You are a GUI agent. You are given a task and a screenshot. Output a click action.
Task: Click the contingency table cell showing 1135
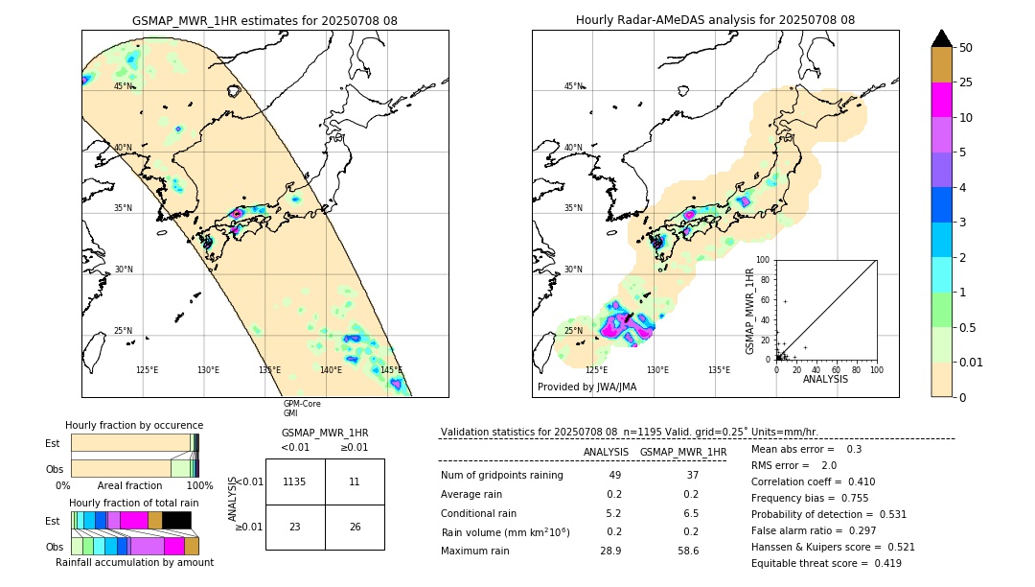[295, 482]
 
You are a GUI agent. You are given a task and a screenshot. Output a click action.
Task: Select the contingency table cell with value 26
[355, 527]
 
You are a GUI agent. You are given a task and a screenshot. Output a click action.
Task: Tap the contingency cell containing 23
[295, 527]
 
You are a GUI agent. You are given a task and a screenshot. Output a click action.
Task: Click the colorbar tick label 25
[967, 82]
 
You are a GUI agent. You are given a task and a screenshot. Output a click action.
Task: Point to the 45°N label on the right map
[573, 86]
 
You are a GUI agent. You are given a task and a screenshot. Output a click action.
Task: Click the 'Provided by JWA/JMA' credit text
[586, 387]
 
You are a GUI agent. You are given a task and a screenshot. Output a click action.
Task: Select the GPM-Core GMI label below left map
[301, 409]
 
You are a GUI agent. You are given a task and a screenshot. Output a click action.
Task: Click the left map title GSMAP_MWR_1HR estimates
[264, 20]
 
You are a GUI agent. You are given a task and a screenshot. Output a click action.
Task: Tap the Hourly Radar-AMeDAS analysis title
[715, 20]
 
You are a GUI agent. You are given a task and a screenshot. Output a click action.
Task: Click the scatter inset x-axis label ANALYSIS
[825, 379]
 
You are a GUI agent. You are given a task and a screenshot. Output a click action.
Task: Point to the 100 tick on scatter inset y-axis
[764, 260]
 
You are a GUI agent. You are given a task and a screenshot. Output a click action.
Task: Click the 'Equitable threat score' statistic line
[826, 563]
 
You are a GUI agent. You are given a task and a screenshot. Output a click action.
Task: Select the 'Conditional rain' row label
[479, 513]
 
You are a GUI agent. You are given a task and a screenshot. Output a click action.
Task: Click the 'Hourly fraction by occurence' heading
[134, 425]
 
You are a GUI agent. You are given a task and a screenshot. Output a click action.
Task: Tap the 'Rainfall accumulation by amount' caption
[134, 562]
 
